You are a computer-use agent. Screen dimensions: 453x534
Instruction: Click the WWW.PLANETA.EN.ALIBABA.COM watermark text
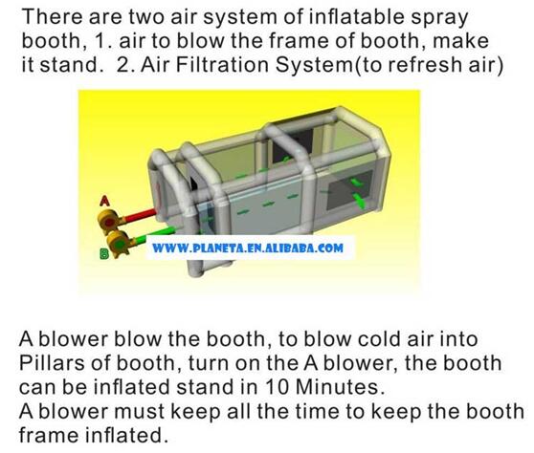[247, 248]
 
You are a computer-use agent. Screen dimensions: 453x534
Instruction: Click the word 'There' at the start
[50, 18]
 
